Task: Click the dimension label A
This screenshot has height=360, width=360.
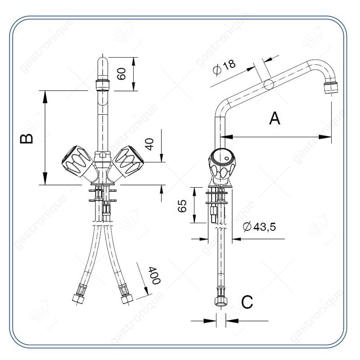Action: pyautogui.click(x=274, y=118)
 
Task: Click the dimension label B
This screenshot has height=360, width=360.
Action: pyautogui.click(x=27, y=139)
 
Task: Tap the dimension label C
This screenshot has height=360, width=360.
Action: pyautogui.click(x=247, y=302)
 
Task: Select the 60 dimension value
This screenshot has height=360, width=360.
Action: pyautogui.click(x=121, y=74)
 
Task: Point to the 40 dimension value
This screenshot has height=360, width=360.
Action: pyautogui.click(x=149, y=144)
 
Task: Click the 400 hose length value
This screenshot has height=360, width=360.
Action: pyautogui.click(x=154, y=275)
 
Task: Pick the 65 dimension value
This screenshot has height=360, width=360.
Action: pyautogui.click(x=182, y=206)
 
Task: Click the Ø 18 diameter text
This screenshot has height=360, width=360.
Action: pyautogui.click(x=224, y=67)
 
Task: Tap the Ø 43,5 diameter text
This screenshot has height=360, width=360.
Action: pyautogui.click(x=260, y=227)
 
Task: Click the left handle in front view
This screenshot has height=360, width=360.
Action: pyautogui.click(x=77, y=162)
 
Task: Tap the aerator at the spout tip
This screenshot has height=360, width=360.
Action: pyautogui.click(x=331, y=87)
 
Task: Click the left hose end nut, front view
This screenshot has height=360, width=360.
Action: pyautogui.click(x=78, y=298)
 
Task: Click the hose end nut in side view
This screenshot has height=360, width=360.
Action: pyautogui.click(x=221, y=301)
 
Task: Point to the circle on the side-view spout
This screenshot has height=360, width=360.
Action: pyautogui.click(x=269, y=85)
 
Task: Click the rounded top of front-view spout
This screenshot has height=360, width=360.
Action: pyautogui.click(x=103, y=61)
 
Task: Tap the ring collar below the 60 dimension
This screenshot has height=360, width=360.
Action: pyautogui.click(x=103, y=85)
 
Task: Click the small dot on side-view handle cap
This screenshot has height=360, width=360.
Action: pyautogui.click(x=227, y=158)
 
